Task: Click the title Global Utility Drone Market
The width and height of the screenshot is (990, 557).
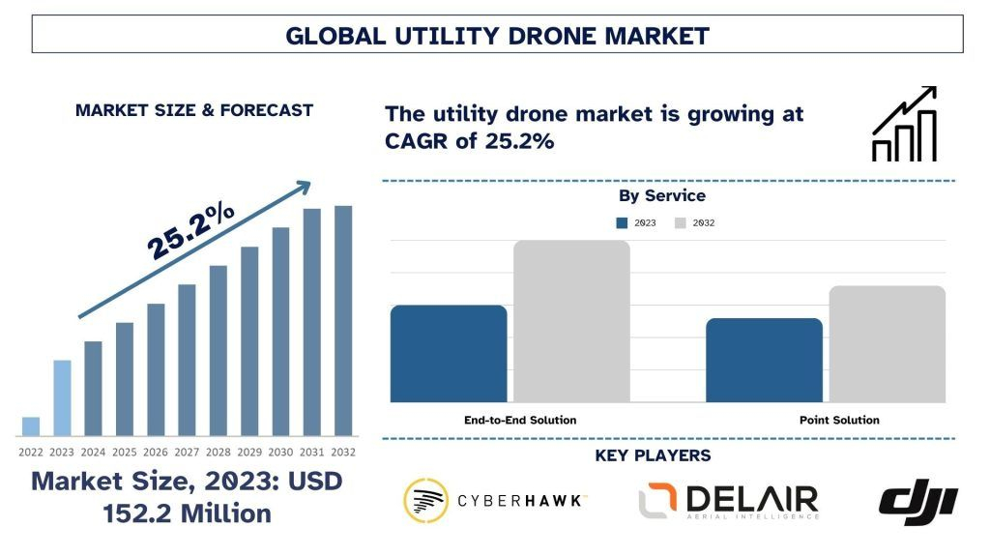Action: coord(497,36)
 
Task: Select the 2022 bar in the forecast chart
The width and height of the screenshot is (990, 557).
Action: coord(31,426)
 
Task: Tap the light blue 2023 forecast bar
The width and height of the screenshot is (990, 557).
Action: coord(62,397)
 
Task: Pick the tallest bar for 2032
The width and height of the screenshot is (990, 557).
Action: coord(343,320)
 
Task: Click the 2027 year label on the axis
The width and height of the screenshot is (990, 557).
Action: coord(187,452)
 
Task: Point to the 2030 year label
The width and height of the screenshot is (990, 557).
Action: coord(280,452)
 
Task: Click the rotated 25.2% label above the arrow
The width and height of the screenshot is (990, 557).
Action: coord(190,231)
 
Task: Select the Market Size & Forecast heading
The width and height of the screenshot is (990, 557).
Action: coord(194,110)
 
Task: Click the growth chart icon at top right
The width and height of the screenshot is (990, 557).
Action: coord(904,125)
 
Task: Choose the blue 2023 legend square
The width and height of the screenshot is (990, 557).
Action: coord(623,223)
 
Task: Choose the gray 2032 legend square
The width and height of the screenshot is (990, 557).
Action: coord(681,223)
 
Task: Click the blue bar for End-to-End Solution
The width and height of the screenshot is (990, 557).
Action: coord(449,354)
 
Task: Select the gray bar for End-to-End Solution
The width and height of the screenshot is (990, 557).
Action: coord(571,321)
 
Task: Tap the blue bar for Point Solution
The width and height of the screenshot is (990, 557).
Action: coord(764,360)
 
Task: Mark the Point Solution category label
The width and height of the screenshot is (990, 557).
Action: coord(839,420)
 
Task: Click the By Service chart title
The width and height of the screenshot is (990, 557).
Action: coord(662,196)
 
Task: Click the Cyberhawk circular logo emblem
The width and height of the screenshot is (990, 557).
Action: coord(426,501)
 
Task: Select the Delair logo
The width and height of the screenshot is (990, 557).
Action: coord(728,501)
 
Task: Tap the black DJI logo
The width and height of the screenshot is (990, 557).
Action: coord(917,501)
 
